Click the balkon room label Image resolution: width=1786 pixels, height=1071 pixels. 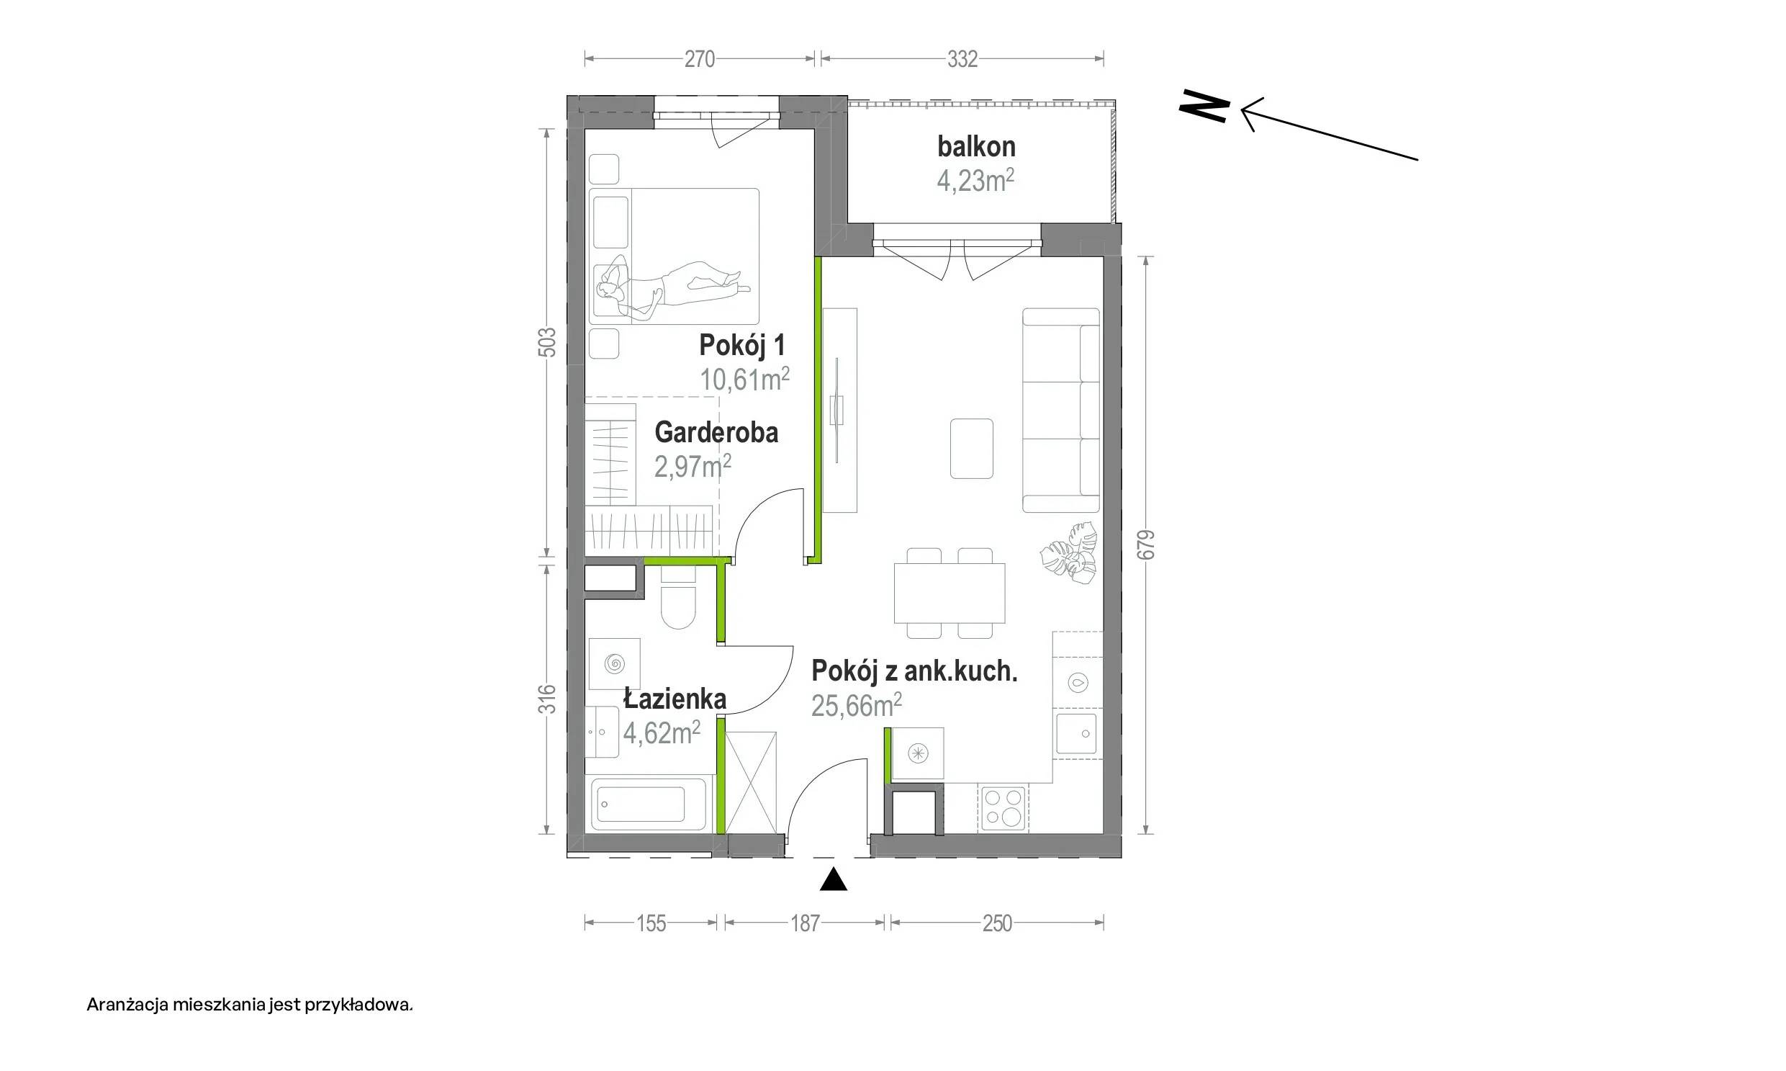click(x=976, y=146)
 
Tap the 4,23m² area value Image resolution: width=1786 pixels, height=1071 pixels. click(x=975, y=181)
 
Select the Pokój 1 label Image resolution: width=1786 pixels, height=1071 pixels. click(x=741, y=345)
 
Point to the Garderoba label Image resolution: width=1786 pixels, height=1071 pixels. click(x=716, y=432)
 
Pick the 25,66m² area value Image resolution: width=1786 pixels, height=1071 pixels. click(x=856, y=705)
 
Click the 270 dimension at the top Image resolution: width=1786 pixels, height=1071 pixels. click(x=699, y=59)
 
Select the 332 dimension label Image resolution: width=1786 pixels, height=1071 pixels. click(x=962, y=59)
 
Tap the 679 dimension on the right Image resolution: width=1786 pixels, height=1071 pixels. click(x=1145, y=545)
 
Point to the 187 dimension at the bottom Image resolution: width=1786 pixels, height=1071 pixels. click(x=805, y=923)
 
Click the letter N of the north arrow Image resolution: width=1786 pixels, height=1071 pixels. click(x=1204, y=107)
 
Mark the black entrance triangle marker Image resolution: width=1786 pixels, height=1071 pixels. click(x=833, y=879)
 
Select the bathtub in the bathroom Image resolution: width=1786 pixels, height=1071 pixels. click(x=649, y=804)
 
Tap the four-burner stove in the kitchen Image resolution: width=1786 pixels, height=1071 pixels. click(x=1004, y=807)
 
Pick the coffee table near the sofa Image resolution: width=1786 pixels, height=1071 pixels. click(x=972, y=448)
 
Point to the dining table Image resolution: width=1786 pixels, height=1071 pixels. click(x=950, y=593)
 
